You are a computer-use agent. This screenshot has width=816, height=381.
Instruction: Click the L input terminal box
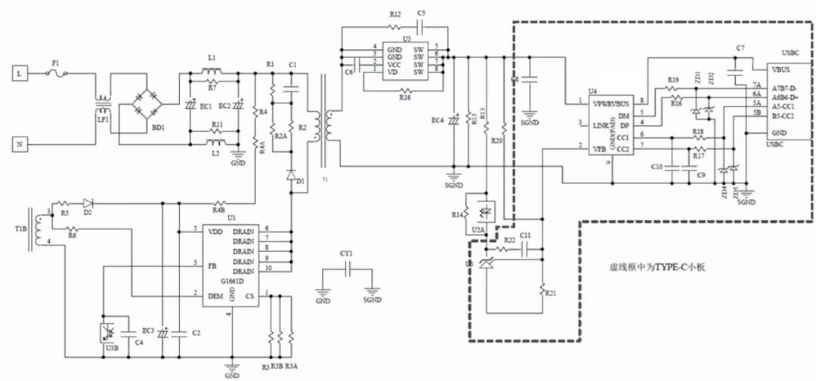(20, 73)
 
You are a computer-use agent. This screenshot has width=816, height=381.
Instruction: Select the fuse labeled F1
(57, 73)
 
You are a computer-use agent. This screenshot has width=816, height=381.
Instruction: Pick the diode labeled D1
(291, 175)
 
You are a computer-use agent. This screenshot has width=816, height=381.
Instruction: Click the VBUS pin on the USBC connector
(782, 69)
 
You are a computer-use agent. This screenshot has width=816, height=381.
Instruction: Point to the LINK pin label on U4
(601, 124)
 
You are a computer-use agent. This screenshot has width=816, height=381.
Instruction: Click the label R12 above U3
(395, 14)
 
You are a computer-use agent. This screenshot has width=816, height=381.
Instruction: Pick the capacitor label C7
(740, 48)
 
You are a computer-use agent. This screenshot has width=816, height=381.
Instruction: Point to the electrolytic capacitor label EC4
(437, 121)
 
